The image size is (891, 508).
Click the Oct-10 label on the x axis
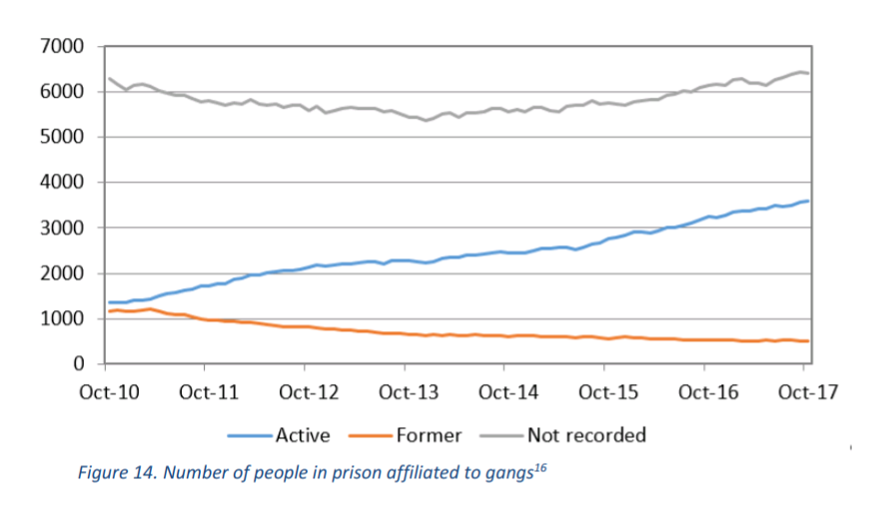click(x=108, y=391)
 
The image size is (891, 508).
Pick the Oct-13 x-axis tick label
click(x=407, y=391)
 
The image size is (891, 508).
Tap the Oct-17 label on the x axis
click(x=806, y=391)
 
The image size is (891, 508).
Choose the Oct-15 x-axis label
click(x=606, y=391)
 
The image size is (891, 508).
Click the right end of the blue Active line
click(x=808, y=201)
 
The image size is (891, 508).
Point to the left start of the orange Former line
click(x=109, y=311)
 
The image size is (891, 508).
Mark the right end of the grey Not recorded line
click(x=808, y=73)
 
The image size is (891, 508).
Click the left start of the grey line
click(x=109, y=78)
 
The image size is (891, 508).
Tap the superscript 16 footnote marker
click(x=540, y=466)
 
